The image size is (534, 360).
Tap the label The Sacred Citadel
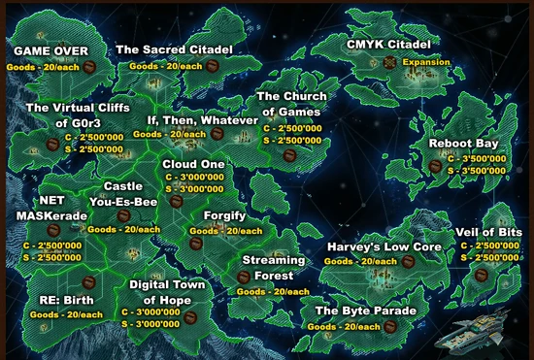175,49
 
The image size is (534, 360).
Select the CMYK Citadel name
387,45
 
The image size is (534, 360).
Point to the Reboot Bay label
463,144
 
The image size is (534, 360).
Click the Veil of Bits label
488,233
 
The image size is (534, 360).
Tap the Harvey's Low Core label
384,247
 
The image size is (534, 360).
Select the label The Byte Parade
365,311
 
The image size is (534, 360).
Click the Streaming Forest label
273,268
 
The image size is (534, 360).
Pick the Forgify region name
225,215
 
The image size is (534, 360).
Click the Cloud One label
193,164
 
